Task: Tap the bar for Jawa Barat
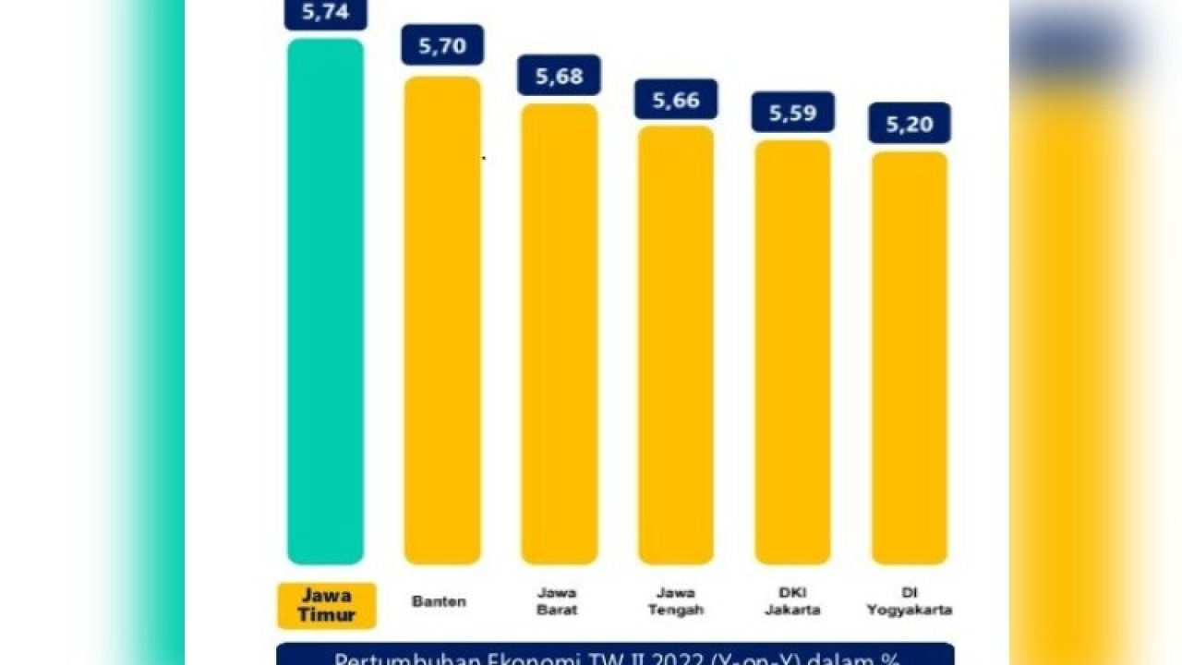click(559, 333)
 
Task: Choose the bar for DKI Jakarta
click(792, 352)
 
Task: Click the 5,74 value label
click(326, 13)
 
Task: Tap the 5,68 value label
click(559, 76)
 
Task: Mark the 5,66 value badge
click(676, 100)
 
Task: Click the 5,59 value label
click(792, 112)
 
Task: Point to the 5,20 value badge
click(910, 123)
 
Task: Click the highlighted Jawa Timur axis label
click(326, 606)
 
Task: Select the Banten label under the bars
click(439, 602)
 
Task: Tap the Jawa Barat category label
click(558, 601)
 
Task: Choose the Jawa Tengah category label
click(675, 601)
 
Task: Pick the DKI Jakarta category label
click(791, 601)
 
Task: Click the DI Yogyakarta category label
click(909, 601)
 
